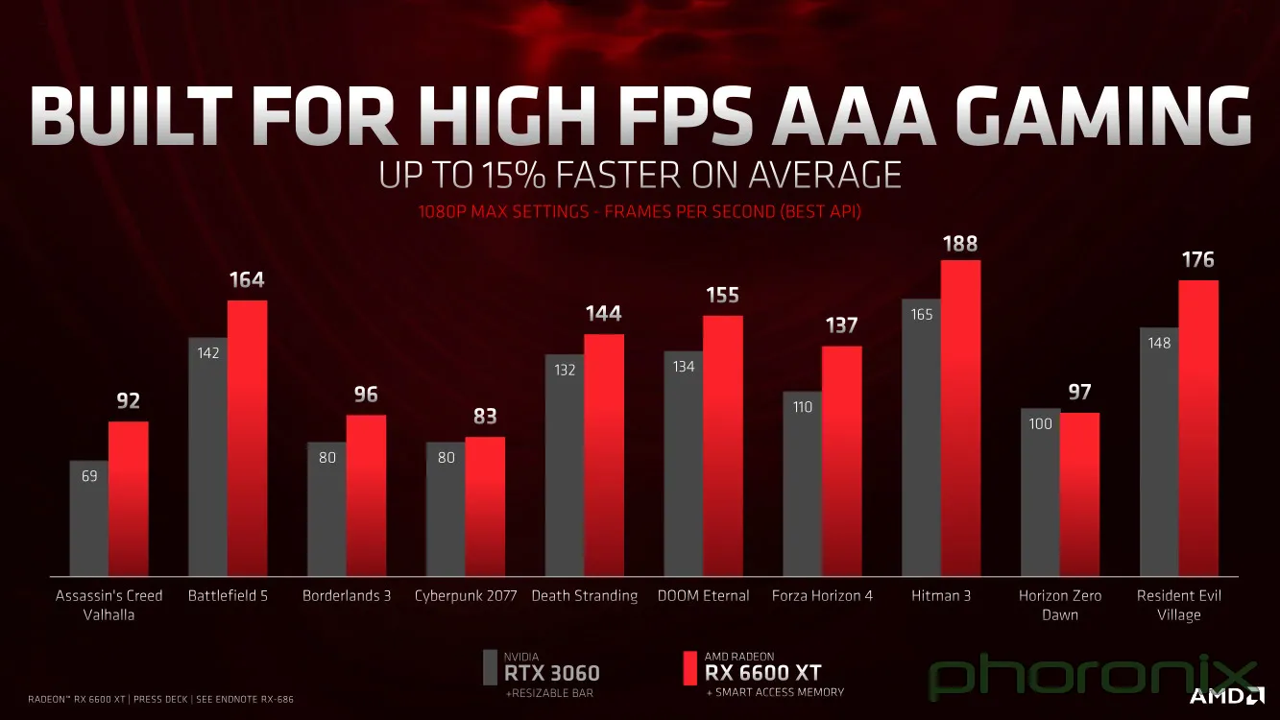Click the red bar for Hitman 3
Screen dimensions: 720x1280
click(x=960, y=418)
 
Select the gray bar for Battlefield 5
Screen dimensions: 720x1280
click(x=207, y=456)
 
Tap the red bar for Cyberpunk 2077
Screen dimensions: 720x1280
click(x=485, y=506)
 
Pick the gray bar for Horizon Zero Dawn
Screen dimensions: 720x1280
click(x=1040, y=492)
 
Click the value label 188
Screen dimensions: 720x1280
click(x=960, y=244)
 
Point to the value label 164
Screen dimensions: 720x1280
click(x=247, y=280)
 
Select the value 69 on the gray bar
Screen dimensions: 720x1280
click(x=89, y=475)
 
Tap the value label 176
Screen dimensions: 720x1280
click(x=1197, y=260)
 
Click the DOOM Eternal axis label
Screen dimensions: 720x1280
click(x=703, y=595)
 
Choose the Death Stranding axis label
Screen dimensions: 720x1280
click(x=584, y=595)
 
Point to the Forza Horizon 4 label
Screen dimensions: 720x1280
click(x=822, y=595)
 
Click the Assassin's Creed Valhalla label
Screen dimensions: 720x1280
click(x=109, y=605)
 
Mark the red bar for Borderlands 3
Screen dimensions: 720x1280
click(x=366, y=495)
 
